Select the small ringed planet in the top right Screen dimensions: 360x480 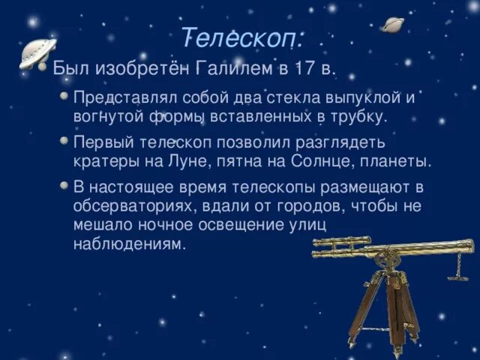click(391, 25)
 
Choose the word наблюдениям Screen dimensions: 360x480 click(127, 244)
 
